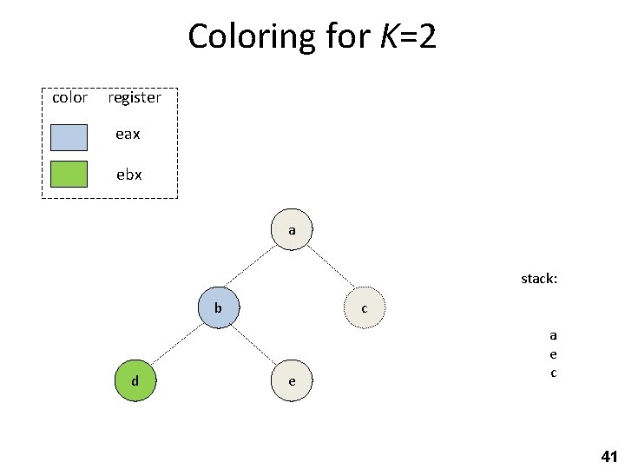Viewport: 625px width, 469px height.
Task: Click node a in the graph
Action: click(x=293, y=230)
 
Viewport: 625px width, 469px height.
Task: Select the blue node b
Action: click(x=219, y=307)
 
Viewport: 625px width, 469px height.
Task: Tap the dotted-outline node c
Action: click(x=364, y=308)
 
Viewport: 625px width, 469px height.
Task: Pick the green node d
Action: click(x=135, y=380)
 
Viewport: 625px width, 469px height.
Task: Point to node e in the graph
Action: click(x=292, y=380)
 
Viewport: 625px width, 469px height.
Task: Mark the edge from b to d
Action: click(x=177, y=344)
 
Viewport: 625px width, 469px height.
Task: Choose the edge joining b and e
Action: click(x=255, y=344)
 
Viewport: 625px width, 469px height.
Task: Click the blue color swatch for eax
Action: click(x=69, y=137)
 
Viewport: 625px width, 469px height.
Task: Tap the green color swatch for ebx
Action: click(x=69, y=175)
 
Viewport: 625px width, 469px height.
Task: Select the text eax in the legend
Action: click(x=128, y=135)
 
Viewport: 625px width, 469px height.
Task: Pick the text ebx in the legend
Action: click(x=129, y=175)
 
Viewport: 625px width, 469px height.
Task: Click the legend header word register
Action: click(x=134, y=98)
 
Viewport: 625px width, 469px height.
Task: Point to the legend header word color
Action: click(x=69, y=97)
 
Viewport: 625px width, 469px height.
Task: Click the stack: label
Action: click(x=539, y=279)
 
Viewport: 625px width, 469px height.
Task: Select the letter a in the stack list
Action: click(x=553, y=335)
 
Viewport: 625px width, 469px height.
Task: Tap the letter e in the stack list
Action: click(x=553, y=354)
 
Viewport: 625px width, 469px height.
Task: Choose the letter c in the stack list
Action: click(x=553, y=373)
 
